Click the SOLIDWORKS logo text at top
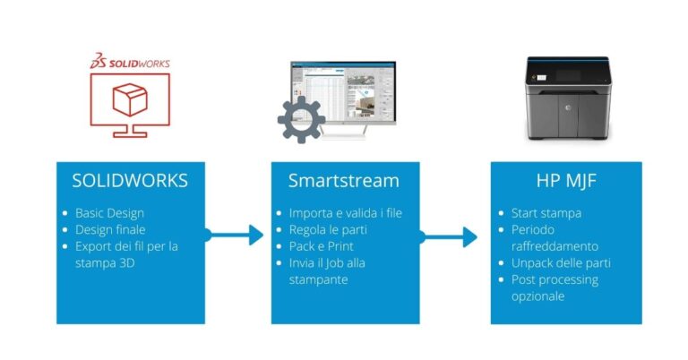coord(136,64)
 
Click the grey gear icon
coord(301,119)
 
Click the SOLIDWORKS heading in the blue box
coord(130,180)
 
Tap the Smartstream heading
coord(345,180)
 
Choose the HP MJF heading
coord(566,180)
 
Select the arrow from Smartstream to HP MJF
coord(451,236)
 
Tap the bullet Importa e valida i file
coord(344,213)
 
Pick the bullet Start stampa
coord(545,213)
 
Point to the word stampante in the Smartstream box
coord(320,279)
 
